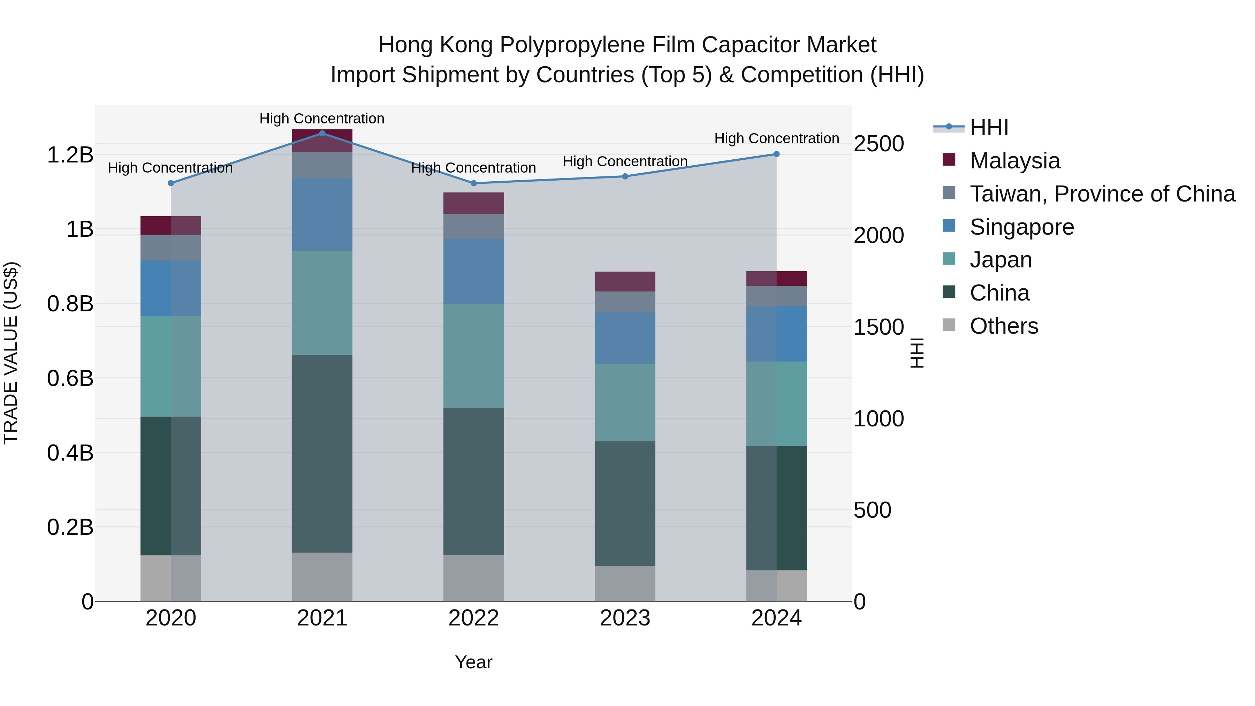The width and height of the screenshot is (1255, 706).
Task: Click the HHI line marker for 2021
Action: (322, 133)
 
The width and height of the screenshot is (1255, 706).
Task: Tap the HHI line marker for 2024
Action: (777, 154)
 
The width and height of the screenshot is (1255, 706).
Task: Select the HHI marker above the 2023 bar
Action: (625, 176)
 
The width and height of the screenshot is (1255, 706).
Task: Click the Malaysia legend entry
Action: (1014, 161)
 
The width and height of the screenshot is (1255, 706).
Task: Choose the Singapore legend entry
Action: (1022, 227)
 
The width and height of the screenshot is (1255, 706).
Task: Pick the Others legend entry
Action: (1004, 326)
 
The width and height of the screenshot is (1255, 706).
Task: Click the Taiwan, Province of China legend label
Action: (1102, 194)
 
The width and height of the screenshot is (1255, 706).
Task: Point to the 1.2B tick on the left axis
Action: (70, 155)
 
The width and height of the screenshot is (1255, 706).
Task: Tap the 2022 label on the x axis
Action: (473, 618)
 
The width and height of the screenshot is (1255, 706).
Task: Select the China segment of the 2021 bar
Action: (322, 453)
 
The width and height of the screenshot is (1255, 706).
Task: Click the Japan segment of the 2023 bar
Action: (625, 402)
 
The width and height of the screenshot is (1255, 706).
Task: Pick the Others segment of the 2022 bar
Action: (473, 577)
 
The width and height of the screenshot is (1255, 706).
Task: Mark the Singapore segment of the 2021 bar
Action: (322, 214)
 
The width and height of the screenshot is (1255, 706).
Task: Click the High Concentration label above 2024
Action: (777, 138)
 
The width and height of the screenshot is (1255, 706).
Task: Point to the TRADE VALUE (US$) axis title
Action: (11, 353)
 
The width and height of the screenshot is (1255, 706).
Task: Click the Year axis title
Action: (473, 662)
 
